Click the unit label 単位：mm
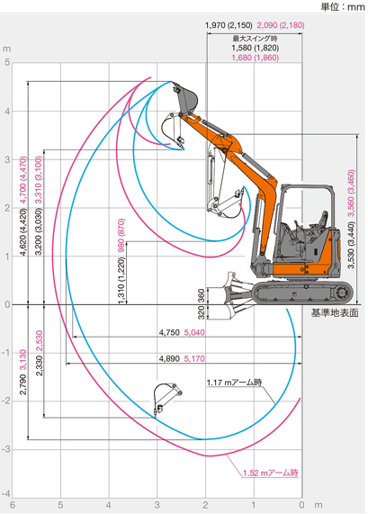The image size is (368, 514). tap(343, 7)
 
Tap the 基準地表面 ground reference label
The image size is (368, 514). tap(335, 313)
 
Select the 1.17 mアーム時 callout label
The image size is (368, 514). tap(234, 383)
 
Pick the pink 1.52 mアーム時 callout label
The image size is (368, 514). tap(271, 473)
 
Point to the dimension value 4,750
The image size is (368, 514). tap(169, 332)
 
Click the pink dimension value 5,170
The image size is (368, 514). tap(194, 358)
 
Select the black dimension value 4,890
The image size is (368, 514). tap(169, 358)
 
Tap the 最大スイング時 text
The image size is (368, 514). tap(255, 39)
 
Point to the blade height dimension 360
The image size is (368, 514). tap(202, 295)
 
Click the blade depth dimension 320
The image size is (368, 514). tap(202, 312)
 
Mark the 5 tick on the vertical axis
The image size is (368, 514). tap(7, 62)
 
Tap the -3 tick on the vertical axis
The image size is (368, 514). tap(6, 449)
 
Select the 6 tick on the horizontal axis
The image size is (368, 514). tap(13, 505)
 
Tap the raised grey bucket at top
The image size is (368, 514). tap(186, 97)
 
